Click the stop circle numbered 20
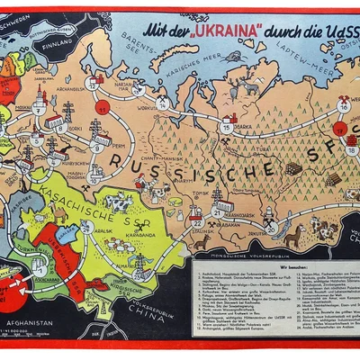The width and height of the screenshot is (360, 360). (x=270, y=229)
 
